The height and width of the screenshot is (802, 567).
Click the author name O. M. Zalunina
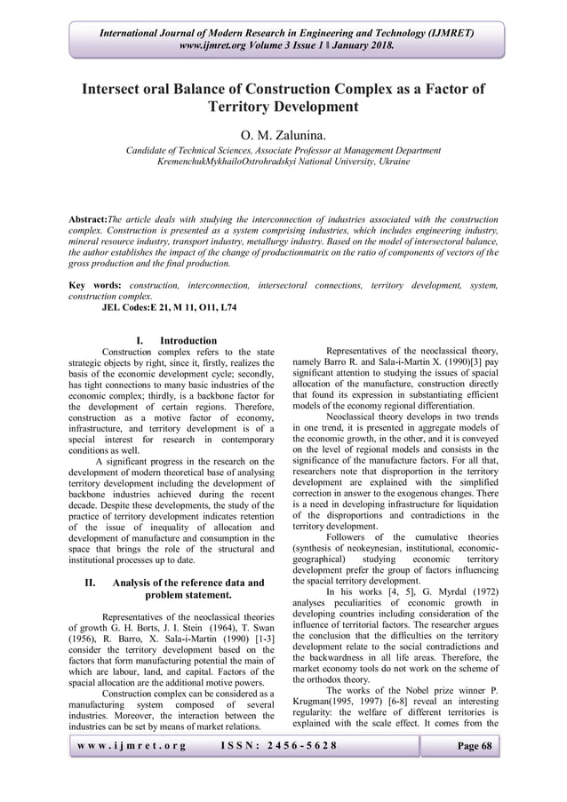pyautogui.click(x=283, y=134)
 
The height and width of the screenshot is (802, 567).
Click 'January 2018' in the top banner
pyautogui.click(x=363, y=44)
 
